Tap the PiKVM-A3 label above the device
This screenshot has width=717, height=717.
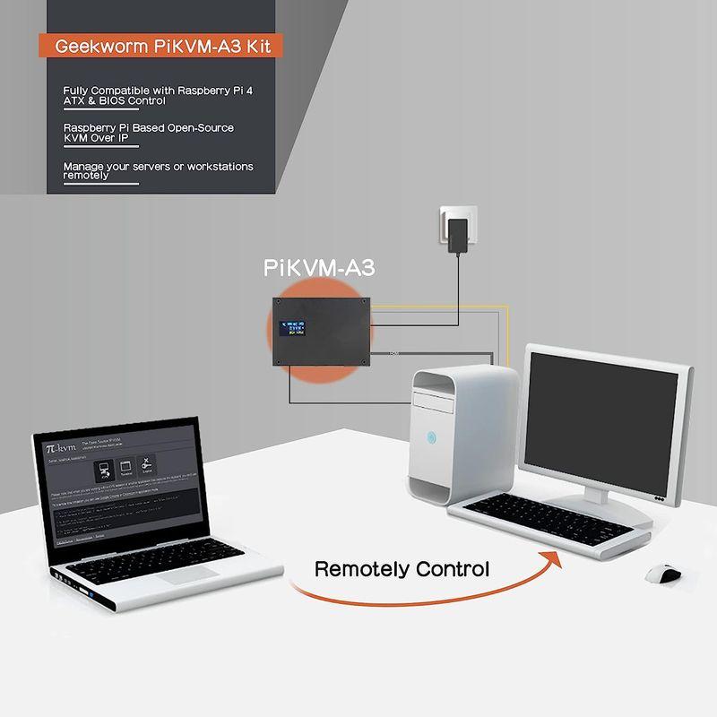pyautogui.click(x=319, y=268)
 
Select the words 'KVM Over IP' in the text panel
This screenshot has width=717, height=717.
pyautogui.click(x=96, y=139)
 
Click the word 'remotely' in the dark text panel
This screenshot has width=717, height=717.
pyautogui.click(x=86, y=177)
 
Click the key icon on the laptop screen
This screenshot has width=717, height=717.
pyautogui.click(x=147, y=462)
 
